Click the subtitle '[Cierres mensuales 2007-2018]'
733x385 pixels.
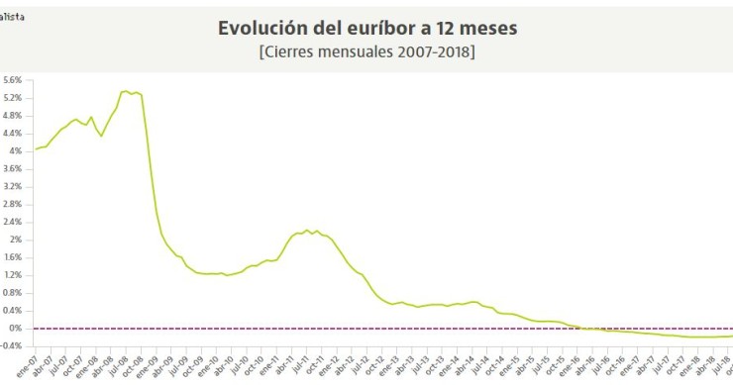click(366, 51)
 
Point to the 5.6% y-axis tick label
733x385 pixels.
click(13, 80)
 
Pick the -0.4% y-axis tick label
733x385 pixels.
click(12, 345)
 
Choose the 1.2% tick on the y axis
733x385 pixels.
click(13, 275)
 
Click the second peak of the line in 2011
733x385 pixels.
click(306, 230)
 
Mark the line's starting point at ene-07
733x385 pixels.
click(37, 149)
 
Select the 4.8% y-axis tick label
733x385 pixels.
click(13, 116)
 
